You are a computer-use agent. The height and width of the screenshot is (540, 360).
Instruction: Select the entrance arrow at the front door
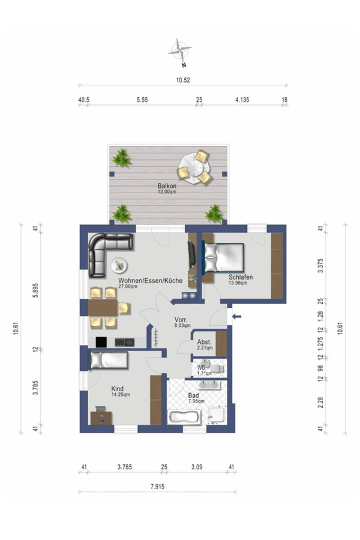tap(236, 316)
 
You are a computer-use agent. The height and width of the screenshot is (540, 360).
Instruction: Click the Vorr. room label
tap(182, 320)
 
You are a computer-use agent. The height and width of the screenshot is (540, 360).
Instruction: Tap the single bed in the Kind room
tap(108, 361)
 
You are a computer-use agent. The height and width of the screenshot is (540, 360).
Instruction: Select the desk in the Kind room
tap(100, 416)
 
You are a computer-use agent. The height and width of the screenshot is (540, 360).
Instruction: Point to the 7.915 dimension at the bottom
tap(157, 487)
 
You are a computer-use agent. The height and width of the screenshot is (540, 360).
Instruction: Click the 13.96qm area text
tap(238, 283)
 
